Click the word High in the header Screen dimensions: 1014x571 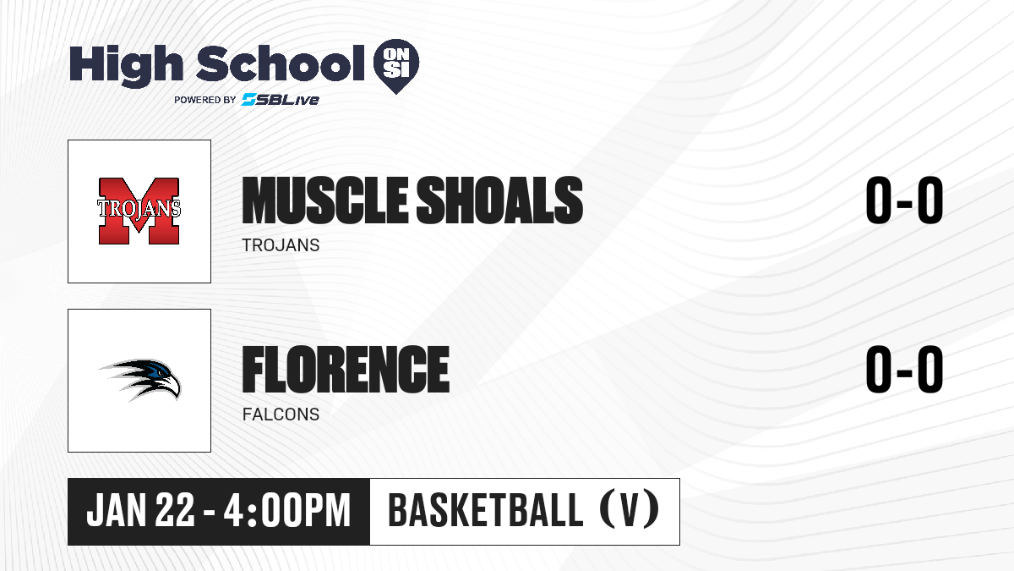(126, 66)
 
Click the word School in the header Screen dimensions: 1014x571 (281, 63)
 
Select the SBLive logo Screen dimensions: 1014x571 (281, 100)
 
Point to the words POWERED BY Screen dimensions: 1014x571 (205, 100)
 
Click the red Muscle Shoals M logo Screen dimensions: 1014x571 (139, 211)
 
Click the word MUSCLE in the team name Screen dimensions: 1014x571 (325, 200)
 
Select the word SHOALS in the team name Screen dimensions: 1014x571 (499, 200)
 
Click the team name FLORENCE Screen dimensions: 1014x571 (346, 369)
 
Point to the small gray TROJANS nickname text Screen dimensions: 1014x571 (281, 245)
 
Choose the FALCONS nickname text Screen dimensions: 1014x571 (281, 415)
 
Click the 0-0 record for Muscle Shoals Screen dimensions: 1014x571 (904, 200)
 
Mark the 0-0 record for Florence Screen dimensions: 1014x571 (904, 369)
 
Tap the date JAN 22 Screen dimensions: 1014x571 (140, 510)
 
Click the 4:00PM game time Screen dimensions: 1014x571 (287, 510)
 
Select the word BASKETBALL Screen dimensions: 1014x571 (485, 510)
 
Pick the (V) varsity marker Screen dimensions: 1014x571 (630, 509)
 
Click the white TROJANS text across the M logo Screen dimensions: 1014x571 (139, 208)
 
